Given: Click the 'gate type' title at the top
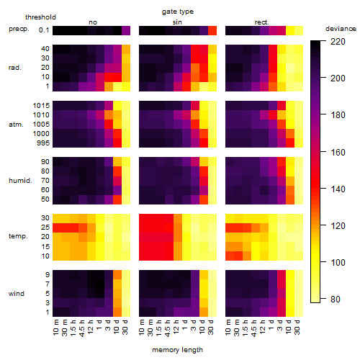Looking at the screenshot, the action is pos(178,12).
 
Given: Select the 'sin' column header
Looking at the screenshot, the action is pos(177,22).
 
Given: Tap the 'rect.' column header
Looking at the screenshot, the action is pos(262,22).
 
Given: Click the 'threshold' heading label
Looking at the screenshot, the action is pos(40,17).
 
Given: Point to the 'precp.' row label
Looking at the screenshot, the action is pos(19,29).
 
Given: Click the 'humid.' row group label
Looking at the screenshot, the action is pos(20,180).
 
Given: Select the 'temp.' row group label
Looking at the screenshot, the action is pos(18,236).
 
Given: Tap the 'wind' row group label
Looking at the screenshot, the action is pos(17,294).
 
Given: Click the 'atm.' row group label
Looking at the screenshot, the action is pos(16,125).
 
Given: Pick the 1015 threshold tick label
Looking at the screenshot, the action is pos(41,106).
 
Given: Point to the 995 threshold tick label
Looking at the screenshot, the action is pos(43,143).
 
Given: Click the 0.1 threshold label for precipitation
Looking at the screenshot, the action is pos(44,30).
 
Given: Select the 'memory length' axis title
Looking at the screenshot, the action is pos(177,350).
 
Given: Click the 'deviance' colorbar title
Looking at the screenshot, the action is pos(341,29).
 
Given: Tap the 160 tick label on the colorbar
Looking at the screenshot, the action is pos(338,152).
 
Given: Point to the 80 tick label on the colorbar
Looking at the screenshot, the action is pos(336,299).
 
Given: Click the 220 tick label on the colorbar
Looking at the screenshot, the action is pos(338,42).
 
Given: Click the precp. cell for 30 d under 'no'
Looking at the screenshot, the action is pos(126,31).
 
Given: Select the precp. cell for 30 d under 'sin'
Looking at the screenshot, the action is pos(212,31).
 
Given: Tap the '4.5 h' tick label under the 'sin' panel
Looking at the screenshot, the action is pos(168,328).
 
